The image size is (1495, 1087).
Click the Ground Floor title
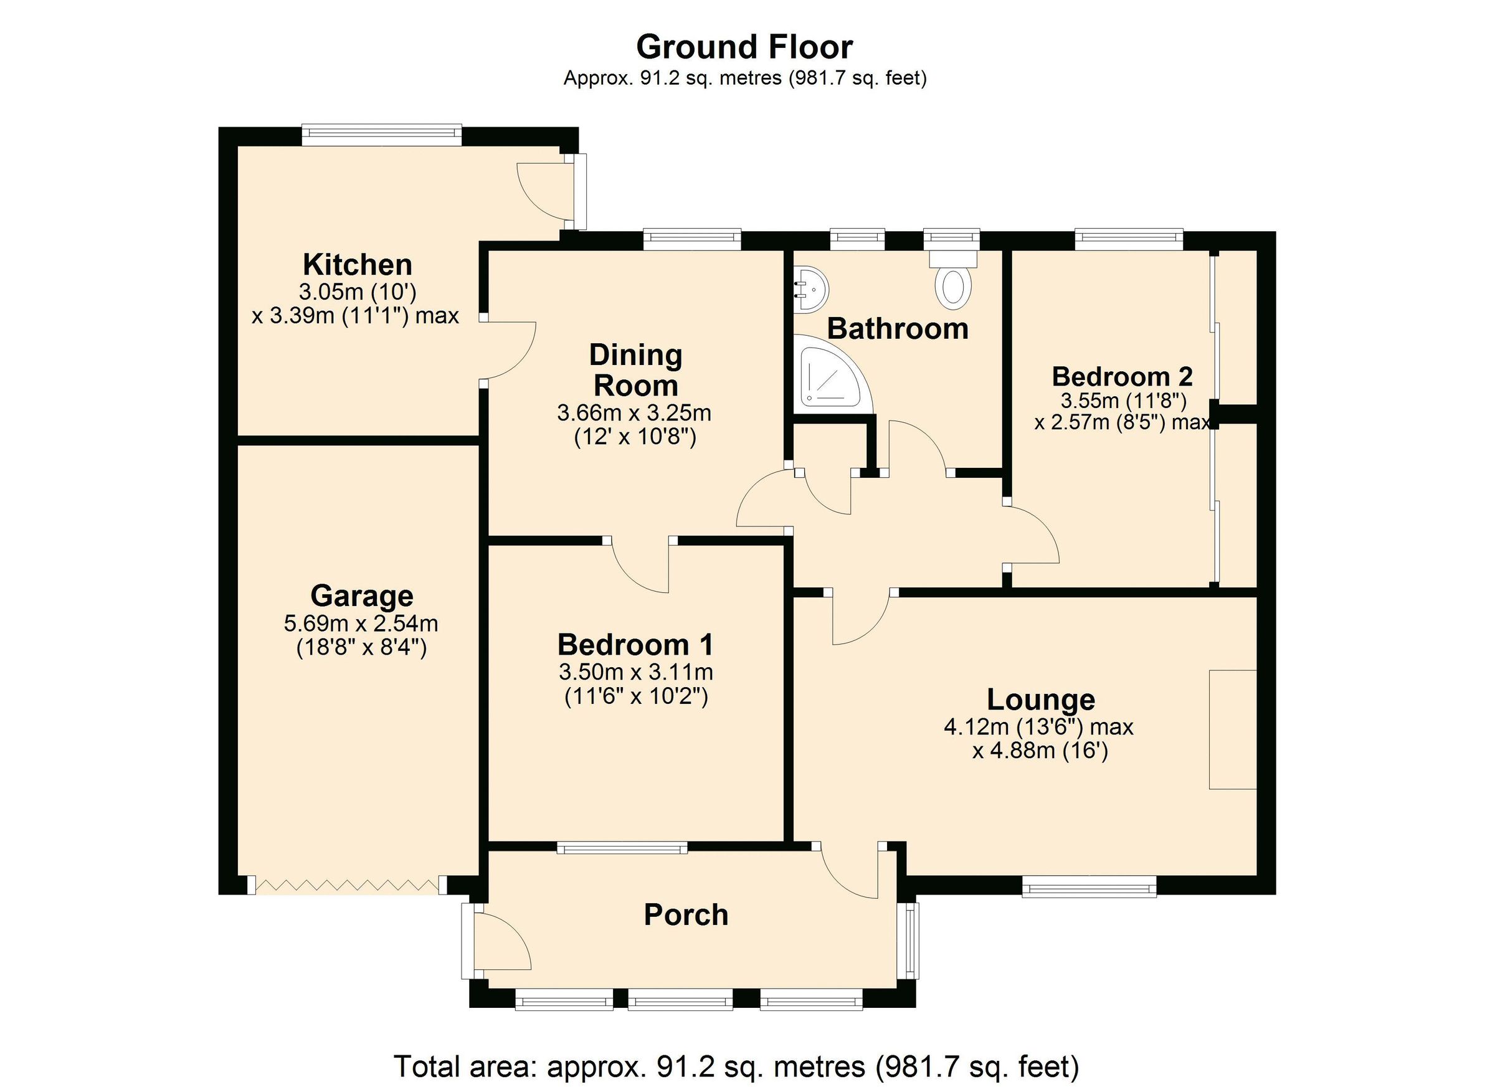(744, 47)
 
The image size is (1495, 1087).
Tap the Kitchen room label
(358, 265)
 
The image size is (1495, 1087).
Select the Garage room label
(362, 596)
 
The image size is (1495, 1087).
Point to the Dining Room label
(635, 370)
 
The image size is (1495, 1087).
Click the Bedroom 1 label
(635, 645)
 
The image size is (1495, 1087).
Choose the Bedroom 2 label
(1122, 376)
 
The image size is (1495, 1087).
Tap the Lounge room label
(1041, 700)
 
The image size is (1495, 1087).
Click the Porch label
(686, 915)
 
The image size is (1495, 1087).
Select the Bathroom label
(898, 328)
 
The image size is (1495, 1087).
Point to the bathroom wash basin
(812, 290)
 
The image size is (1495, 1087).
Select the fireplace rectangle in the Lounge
(1233, 729)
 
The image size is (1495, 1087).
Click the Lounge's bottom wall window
(1089, 886)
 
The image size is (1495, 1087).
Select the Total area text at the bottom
(736, 1065)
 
